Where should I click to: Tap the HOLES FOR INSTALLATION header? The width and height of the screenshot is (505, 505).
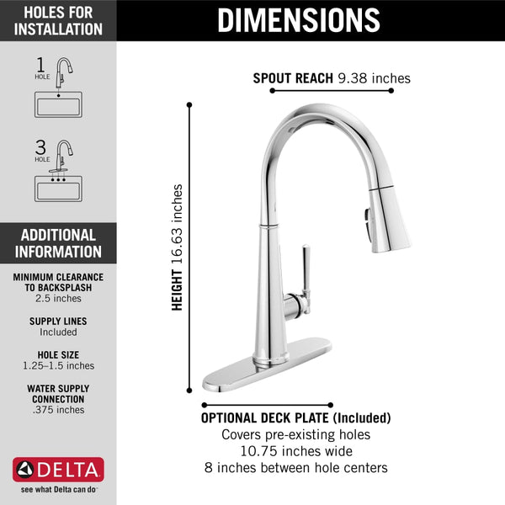[x=58, y=21]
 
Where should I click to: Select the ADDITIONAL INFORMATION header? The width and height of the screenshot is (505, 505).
[x=58, y=243]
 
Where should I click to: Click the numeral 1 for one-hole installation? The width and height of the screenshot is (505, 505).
[x=40, y=64]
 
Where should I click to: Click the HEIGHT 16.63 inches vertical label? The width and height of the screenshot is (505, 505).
[x=177, y=247]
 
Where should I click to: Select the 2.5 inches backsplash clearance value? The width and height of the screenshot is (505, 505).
[x=58, y=299]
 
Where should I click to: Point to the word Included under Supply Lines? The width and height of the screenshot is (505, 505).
[x=58, y=332]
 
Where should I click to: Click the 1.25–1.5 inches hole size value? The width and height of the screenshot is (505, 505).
[x=58, y=366]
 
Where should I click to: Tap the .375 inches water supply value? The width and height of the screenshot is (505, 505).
[x=58, y=410]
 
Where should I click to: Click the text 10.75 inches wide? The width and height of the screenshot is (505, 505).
[x=295, y=451]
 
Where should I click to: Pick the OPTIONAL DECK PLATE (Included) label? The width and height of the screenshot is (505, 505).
[x=295, y=417]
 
